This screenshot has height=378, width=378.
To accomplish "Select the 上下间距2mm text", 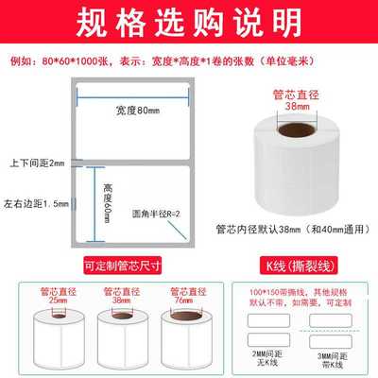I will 32,163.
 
